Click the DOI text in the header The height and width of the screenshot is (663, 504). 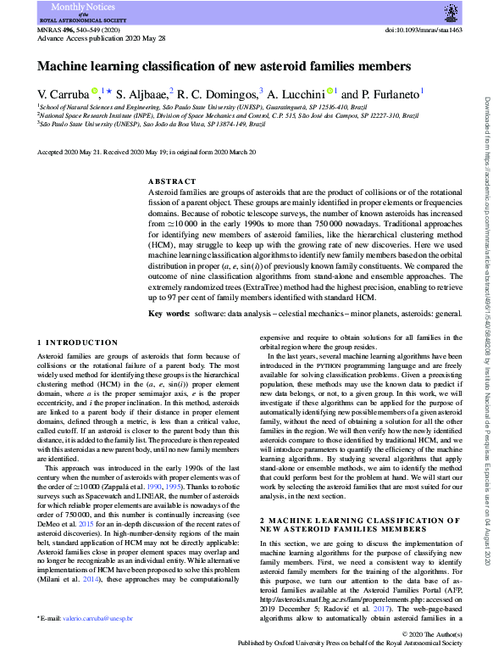(x=430, y=30)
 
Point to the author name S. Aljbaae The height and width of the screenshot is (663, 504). (x=144, y=94)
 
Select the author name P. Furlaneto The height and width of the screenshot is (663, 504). (x=386, y=94)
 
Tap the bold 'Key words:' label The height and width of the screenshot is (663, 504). (x=170, y=290)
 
